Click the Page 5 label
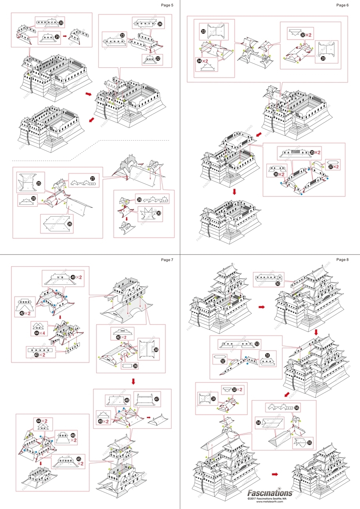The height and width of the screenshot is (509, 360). point(167,5)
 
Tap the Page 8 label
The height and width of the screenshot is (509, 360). point(343,260)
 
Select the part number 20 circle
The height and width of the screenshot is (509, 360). point(62,23)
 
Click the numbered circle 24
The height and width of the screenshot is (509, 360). point(159,24)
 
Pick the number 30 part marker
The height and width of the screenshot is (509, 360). point(158,213)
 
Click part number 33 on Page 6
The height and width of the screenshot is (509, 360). point(203,32)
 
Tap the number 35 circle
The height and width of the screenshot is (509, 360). point(312,153)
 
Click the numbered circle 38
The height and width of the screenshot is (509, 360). point(156,350)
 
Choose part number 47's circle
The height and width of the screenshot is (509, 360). point(157,399)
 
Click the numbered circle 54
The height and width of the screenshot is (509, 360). point(258,423)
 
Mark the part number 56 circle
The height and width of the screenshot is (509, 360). point(297,408)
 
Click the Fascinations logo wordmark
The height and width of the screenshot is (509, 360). point(270,493)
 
